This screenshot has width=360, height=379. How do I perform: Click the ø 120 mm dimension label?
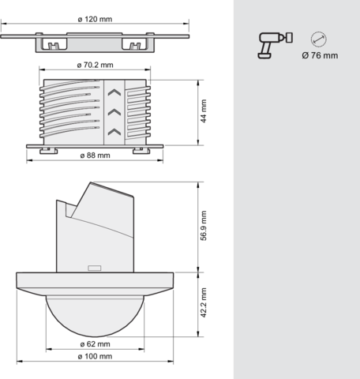point(95,19)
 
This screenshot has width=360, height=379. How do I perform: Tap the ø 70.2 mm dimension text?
point(95,65)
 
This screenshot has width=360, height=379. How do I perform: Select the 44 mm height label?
point(204,111)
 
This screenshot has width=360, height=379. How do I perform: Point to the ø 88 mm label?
point(95,156)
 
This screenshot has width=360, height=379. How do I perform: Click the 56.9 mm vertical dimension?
point(204,226)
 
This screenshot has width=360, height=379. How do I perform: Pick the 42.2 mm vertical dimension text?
point(204,302)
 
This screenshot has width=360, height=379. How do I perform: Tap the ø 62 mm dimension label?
point(95,344)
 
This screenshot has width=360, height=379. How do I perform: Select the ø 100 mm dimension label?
point(95,356)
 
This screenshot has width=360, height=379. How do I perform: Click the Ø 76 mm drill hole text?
point(320,55)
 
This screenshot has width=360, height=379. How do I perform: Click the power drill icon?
point(276,45)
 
